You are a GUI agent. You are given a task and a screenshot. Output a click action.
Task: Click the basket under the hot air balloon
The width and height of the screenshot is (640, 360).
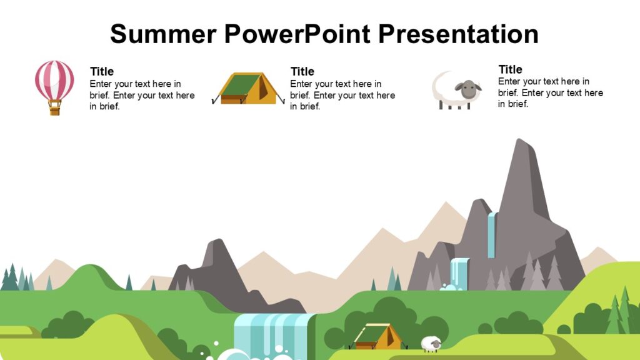pyautogui.click(x=55, y=109)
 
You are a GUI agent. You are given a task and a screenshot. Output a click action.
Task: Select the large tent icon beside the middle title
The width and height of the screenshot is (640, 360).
pyautogui.click(x=249, y=89)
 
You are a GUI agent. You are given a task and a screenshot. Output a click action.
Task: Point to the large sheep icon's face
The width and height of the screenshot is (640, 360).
pyautogui.click(x=467, y=90)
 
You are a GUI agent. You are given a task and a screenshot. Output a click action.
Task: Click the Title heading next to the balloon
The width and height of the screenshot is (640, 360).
pyautogui.click(x=102, y=71)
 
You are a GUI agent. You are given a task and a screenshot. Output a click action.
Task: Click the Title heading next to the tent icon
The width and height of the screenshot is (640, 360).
pyautogui.click(x=302, y=71)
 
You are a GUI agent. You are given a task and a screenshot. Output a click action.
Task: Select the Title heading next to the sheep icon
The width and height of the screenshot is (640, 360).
pyautogui.click(x=510, y=69)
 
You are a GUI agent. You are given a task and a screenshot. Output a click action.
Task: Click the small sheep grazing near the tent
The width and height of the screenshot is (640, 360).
pyautogui.click(x=431, y=344)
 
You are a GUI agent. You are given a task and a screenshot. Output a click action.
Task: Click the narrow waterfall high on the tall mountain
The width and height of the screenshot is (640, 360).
pyautogui.click(x=492, y=234)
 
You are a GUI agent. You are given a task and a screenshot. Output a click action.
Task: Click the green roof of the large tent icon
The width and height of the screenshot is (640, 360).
pyautogui.click(x=241, y=84)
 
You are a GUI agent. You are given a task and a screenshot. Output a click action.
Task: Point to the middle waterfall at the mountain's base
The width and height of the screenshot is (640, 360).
pyautogui.click(x=459, y=274)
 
